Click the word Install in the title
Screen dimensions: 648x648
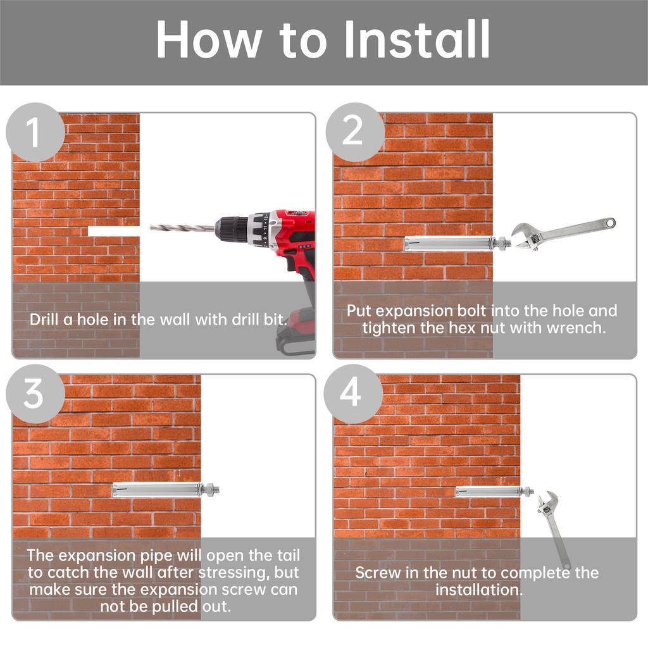[418, 39]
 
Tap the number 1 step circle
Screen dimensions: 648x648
[35, 132]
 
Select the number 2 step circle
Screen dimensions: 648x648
[355, 132]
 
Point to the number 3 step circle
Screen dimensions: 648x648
[35, 394]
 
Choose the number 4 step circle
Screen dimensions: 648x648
[352, 394]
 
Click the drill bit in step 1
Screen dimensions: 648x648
[182, 228]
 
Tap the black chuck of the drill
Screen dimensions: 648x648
[232, 228]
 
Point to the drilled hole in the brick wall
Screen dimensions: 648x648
[114, 231]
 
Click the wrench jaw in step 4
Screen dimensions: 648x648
[547, 501]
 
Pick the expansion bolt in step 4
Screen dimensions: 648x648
[494, 491]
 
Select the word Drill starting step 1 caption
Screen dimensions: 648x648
[44, 320]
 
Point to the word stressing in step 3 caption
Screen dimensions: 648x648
[232, 573]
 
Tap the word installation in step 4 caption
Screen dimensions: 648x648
[479, 590]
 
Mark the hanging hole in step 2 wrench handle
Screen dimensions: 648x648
[609, 223]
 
